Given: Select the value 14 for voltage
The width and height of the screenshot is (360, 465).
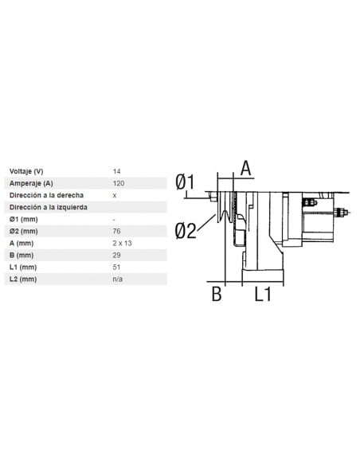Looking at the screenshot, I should (x=117, y=171).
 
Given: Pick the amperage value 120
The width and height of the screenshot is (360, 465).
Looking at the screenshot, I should (x=119, y=183).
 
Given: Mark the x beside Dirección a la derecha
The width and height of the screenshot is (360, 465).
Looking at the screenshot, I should (x=115, y=195).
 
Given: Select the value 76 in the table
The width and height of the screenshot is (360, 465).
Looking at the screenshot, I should (x=117, y=231).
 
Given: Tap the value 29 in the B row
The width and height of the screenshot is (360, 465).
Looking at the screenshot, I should (x=117, y=255).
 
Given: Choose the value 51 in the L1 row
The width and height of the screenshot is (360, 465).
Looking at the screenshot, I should (x=117, y=268).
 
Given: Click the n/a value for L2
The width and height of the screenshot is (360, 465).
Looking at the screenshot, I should (x=118, y=279).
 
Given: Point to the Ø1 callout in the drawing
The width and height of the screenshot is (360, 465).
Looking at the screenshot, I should (x=185, y=182).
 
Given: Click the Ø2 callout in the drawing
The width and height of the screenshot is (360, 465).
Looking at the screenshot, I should (x=185, y=231).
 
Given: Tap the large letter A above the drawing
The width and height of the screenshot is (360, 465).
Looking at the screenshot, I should (x=245, y=167).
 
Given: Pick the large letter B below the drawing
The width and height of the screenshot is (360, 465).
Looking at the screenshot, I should (x=215, y=294).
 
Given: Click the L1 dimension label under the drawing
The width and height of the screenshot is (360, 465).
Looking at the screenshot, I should (x=263, y=294).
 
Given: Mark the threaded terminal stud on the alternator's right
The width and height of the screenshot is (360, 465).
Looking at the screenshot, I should (x=342, y=212).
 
